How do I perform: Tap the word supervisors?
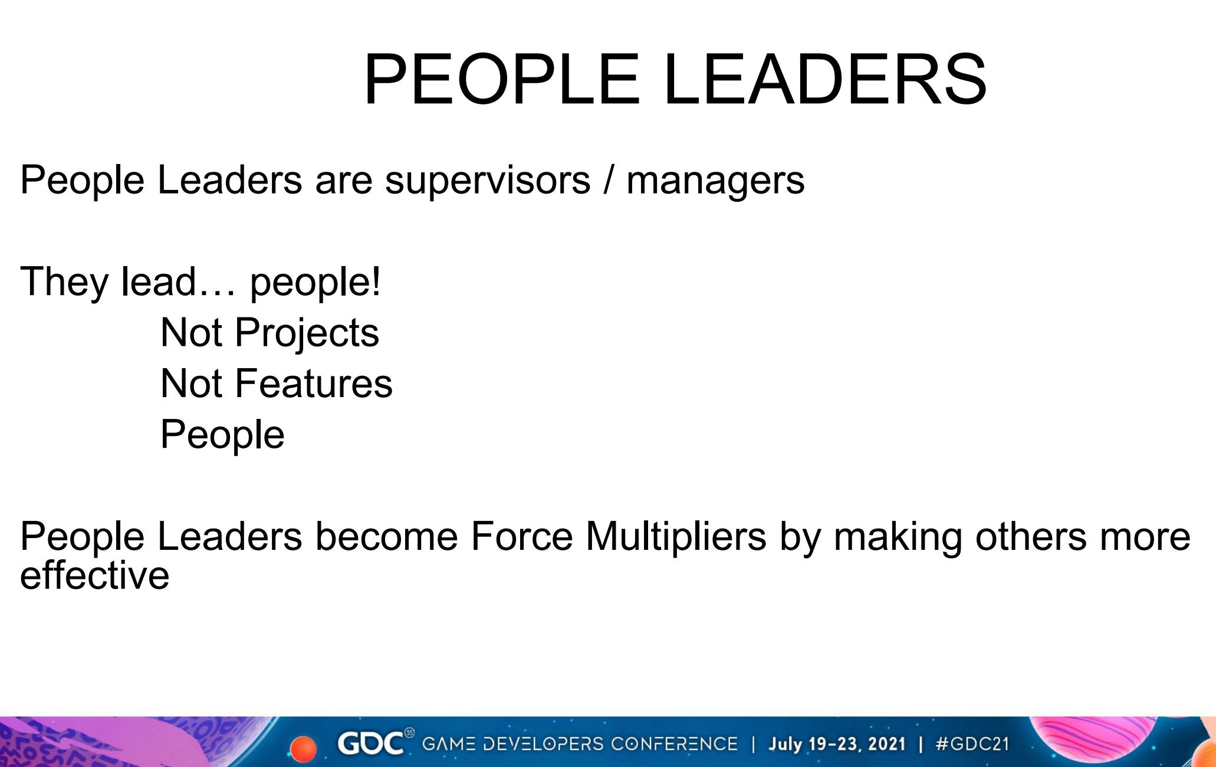pyautogui.click(x=488, y=181)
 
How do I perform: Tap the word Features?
pyautogui.click(x=314, y=383)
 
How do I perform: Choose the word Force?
pyautogui.click(x=521, y=536)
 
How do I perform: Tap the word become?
pyautogui.click(x=386, y=536)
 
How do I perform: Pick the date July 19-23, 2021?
pyautogui.click(x=836, y=743)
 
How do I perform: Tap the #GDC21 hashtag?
pyautogui.click(x=972, y=743)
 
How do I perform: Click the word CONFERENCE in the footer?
pyautogui.click(x=674, y=743)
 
